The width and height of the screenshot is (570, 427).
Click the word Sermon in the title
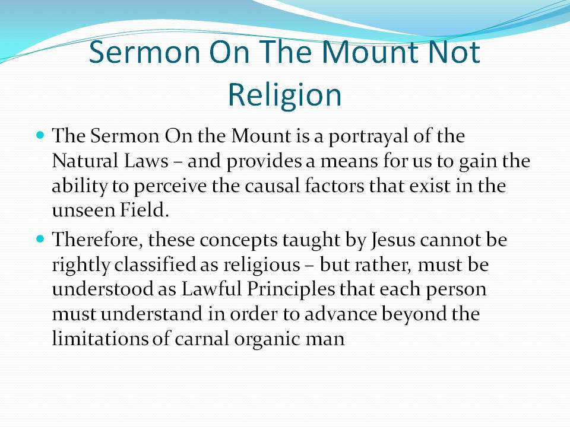[144, 52]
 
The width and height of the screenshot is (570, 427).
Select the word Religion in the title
[284, 95]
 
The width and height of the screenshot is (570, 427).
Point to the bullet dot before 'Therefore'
[40, 239]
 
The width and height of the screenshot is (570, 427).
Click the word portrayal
[368, 136]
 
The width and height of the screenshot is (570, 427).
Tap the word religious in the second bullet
[262, 266]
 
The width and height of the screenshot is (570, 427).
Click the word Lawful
[211, 289]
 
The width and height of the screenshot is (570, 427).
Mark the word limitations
[100, 339]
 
